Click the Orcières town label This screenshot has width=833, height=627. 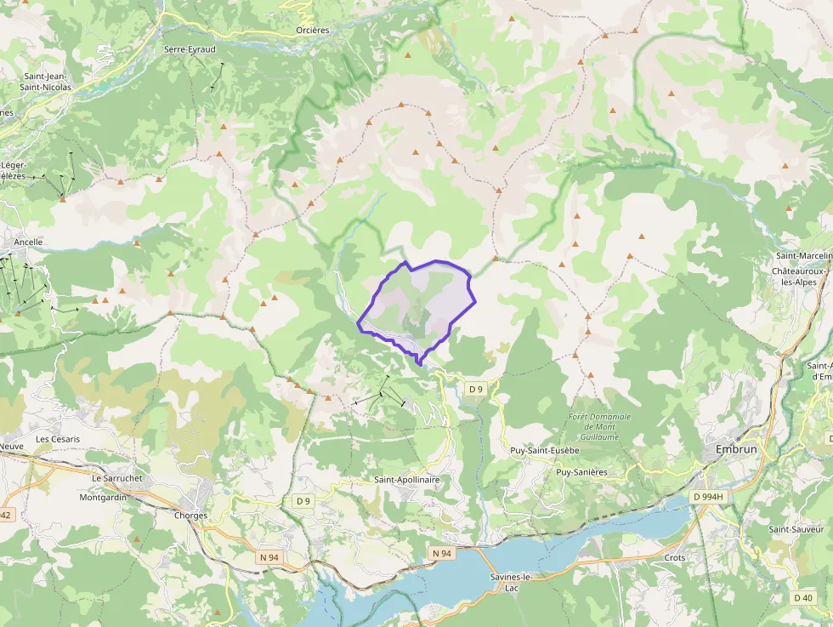(x=312, y=31)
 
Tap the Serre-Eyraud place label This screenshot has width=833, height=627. (x=190, y=49)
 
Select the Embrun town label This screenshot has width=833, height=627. (x=735, y=448)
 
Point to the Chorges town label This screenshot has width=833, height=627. (x=190, y=516)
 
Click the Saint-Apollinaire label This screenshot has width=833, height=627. (x=407, y=480)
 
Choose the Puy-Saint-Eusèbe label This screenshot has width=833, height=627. (x=544, y=450)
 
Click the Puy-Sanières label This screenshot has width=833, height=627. (x=581, y=471)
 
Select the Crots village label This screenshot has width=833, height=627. (x=675, y=558)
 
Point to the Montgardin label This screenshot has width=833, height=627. (x=115, y=497)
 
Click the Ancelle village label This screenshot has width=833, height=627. (x=29, y=242)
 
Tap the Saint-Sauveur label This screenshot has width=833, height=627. (x=796, y=529)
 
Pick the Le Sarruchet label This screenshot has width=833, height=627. (x=116, y=478)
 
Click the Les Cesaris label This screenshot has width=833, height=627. (x=58, y=439)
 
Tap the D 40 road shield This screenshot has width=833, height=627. (x=803, y=598)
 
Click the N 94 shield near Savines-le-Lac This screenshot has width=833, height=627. (x=441, y=553)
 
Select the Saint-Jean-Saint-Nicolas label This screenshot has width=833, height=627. (x=48, y=82)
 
